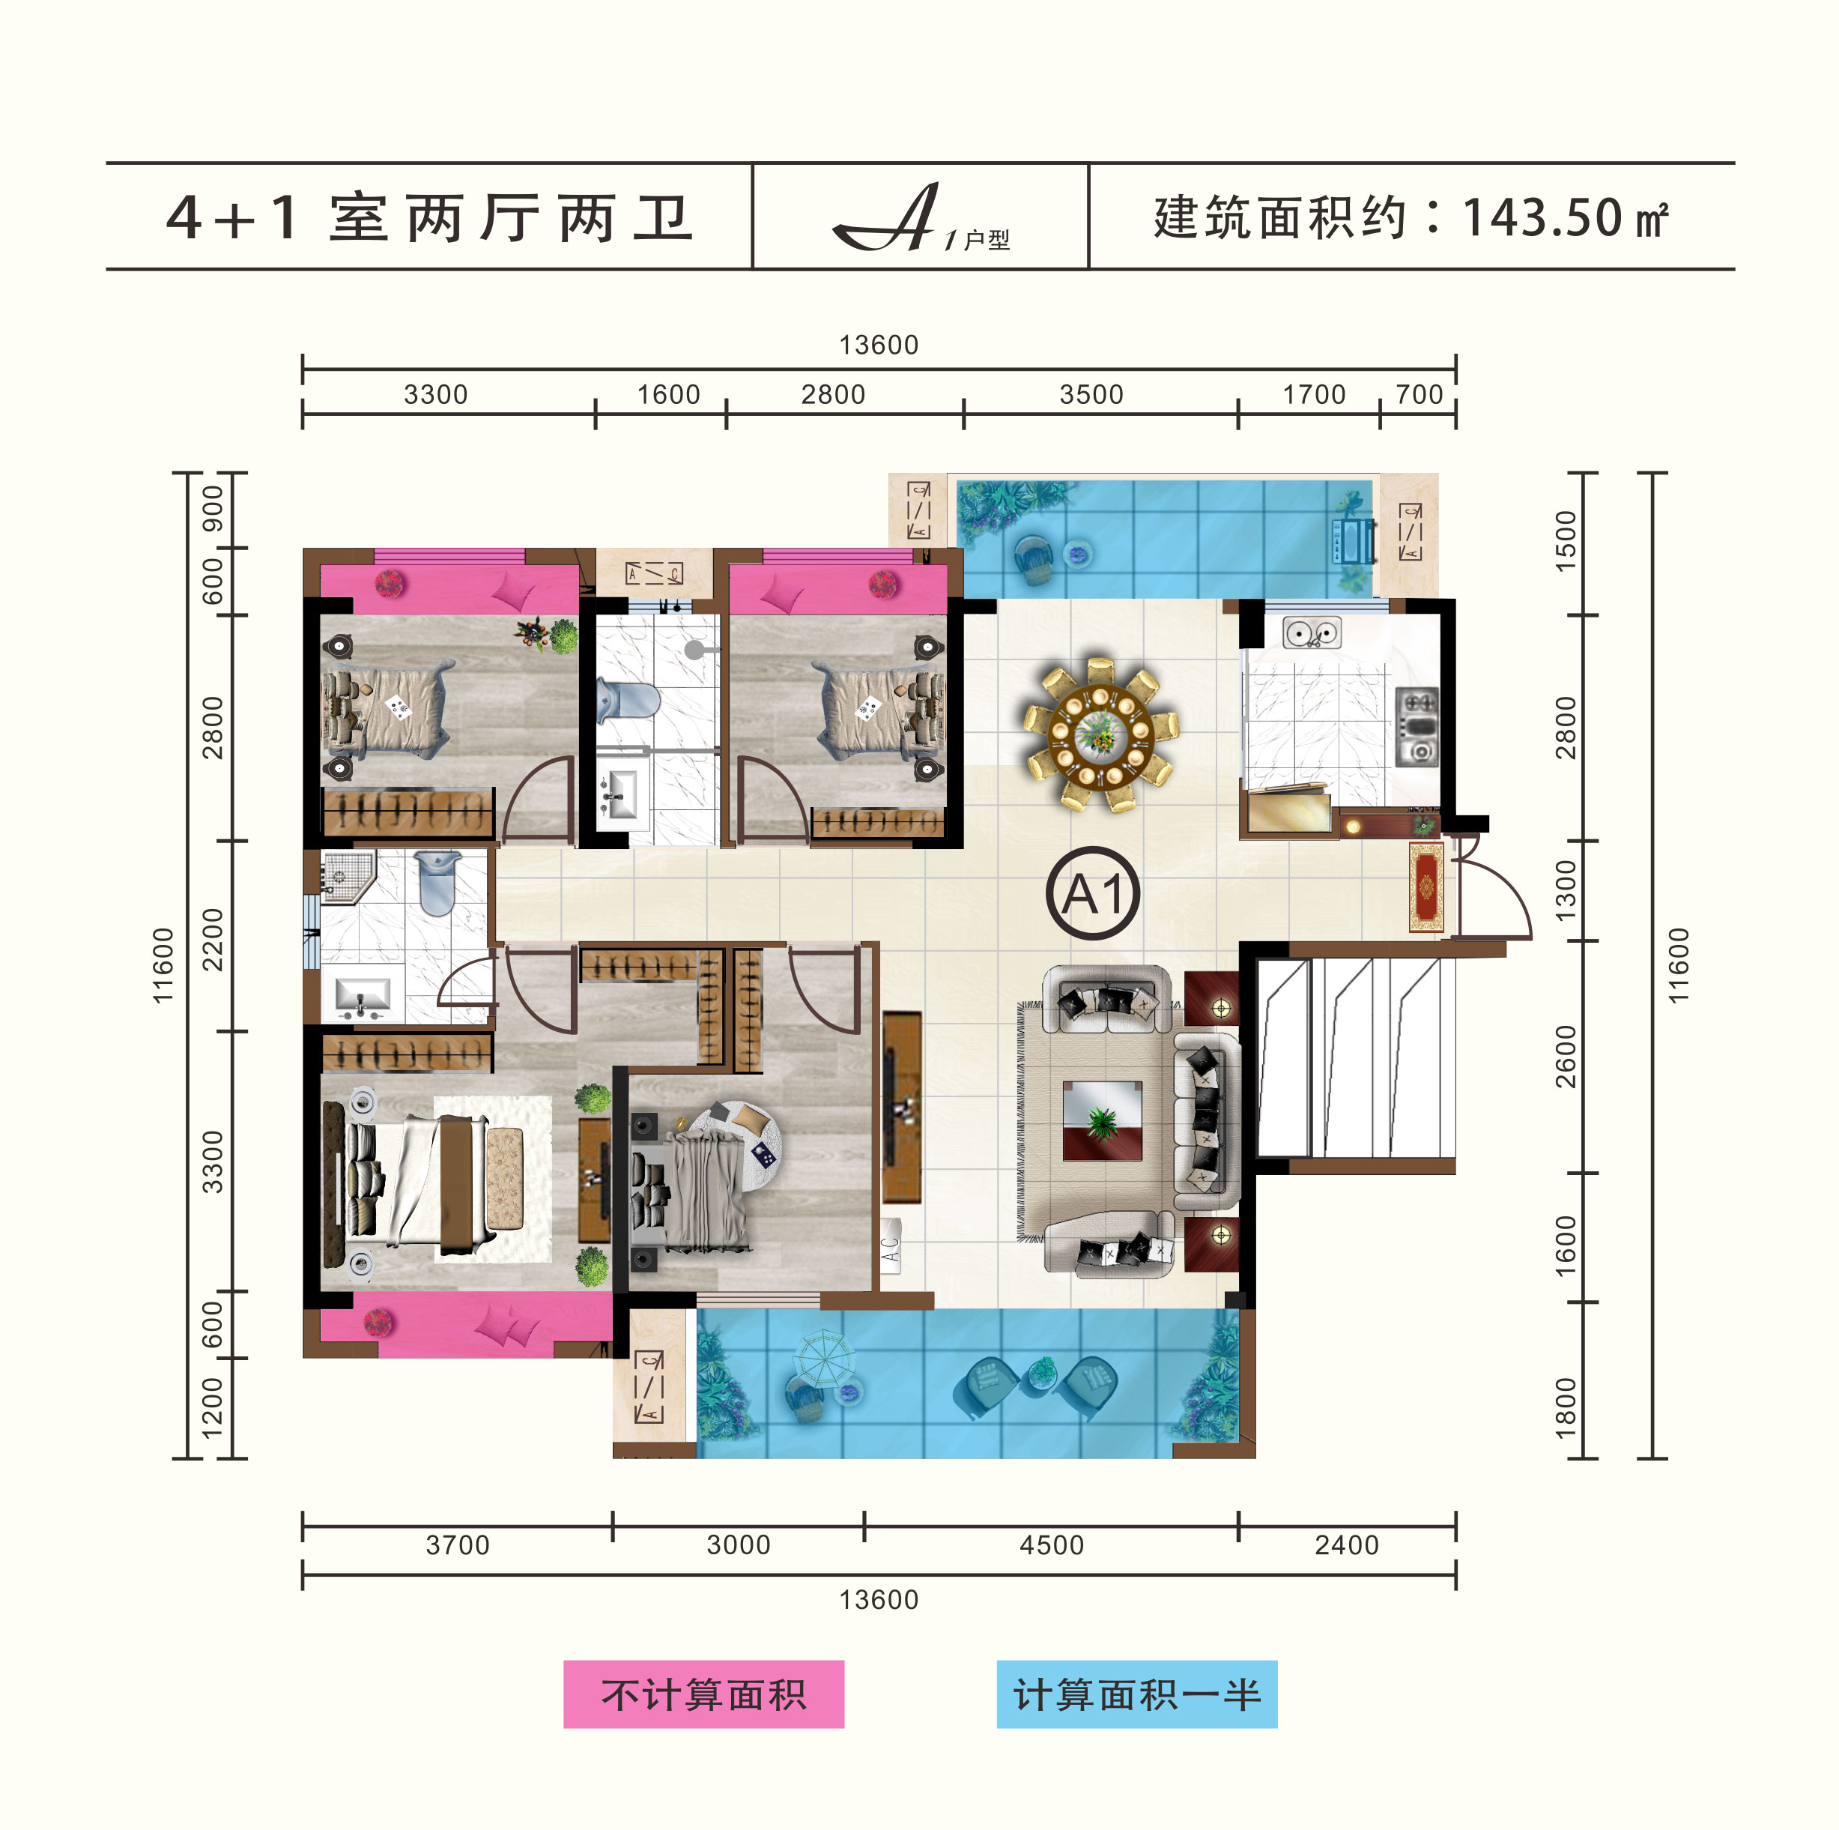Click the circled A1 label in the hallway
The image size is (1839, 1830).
click(1093, 893)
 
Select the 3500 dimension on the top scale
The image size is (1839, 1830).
click(1091, 394)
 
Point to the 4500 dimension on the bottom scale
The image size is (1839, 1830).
click(1051, 1544)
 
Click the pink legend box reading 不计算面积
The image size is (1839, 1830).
click(703, 1694)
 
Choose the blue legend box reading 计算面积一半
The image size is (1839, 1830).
click(1136, 1694)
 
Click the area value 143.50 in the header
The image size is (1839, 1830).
click(1542, 218)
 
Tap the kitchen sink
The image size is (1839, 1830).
click(1311, 632)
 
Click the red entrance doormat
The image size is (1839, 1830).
click(1426, 887)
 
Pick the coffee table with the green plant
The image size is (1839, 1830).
click(1102, 1120)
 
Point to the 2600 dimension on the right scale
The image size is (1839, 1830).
click(1566, 1057)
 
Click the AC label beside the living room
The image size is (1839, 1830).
click(891, 1246)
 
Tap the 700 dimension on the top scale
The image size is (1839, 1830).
click(1420, 394)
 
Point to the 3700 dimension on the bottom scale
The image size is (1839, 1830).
click(457, 1544)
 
